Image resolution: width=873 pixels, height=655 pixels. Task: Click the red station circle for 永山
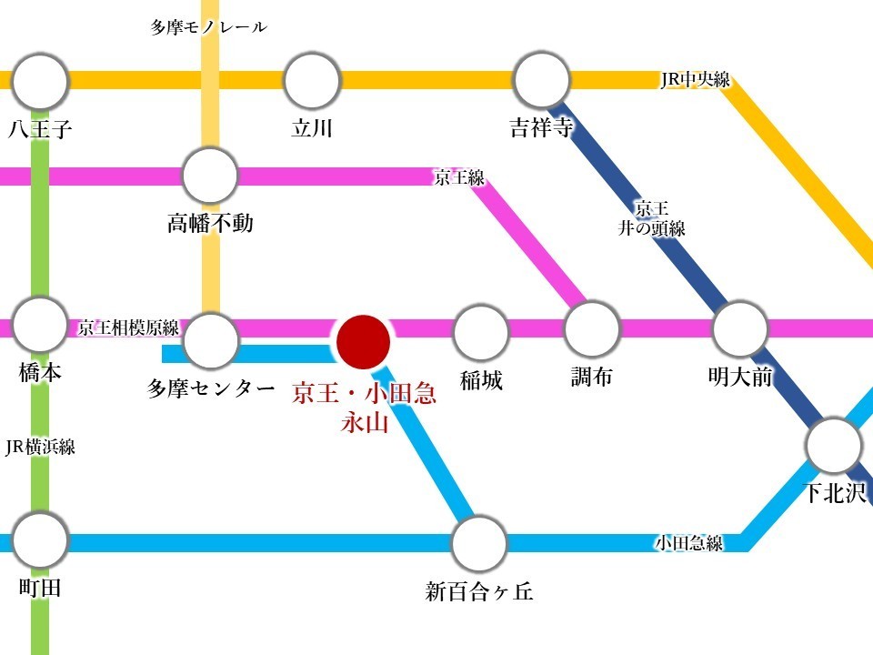tap(364, 341)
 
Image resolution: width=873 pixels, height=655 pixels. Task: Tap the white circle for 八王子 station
tap(41, 81)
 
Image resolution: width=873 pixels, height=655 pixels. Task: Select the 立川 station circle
tap(312, 81)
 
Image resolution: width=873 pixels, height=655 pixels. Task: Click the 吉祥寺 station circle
tap(542, 81)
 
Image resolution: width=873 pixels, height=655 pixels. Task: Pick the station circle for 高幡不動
tap(210, 176)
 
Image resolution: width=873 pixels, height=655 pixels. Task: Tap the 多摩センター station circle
tap(211, 341)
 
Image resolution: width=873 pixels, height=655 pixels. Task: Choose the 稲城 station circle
tap(480, 332)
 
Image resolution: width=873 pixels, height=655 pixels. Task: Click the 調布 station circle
tap(592, 329)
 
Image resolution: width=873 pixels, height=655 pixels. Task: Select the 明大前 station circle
tap(740, 329)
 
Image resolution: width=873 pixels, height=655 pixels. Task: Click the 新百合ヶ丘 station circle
tap(478, 544)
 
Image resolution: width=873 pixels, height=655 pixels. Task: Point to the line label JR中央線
tap(695, 80)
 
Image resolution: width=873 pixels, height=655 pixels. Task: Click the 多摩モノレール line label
tap(209, 27)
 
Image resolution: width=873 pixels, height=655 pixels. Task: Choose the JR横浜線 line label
tap(40, 447)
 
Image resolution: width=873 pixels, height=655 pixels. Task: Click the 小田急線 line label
tap(689, 544)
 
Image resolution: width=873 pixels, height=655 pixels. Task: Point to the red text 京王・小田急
tap(364, 394)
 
